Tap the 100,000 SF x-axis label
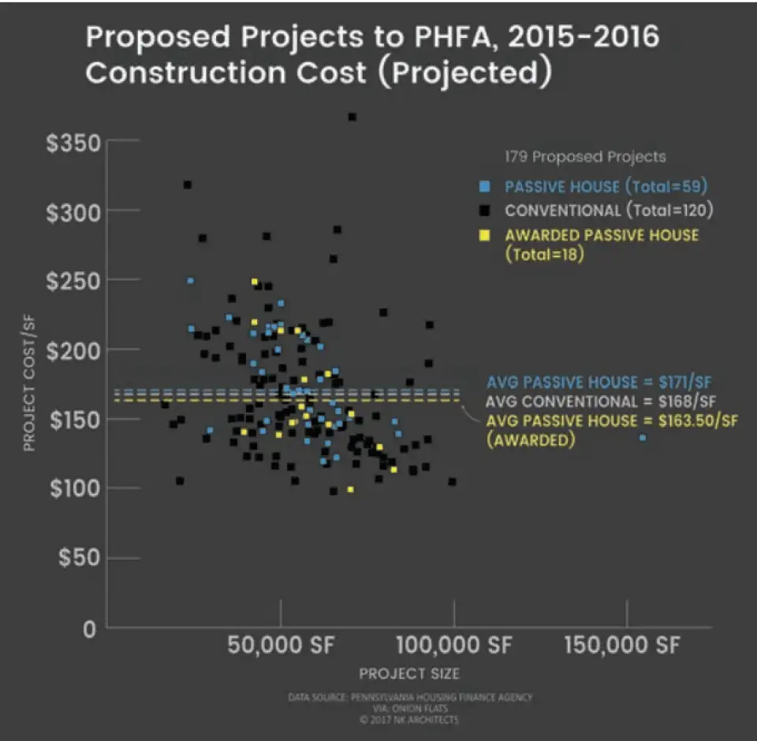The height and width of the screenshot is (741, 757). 453,646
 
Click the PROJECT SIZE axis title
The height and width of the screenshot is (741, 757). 409,674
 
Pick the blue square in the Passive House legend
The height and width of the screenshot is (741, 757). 484,187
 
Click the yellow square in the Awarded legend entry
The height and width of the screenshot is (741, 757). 484,236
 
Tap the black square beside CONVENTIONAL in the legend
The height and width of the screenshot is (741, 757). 484,210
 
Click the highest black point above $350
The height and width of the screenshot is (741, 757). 352,117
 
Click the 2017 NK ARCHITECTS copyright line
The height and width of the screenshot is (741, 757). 408,720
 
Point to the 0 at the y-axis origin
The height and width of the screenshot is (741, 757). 91,630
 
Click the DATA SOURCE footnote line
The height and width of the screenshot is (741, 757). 410,698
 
